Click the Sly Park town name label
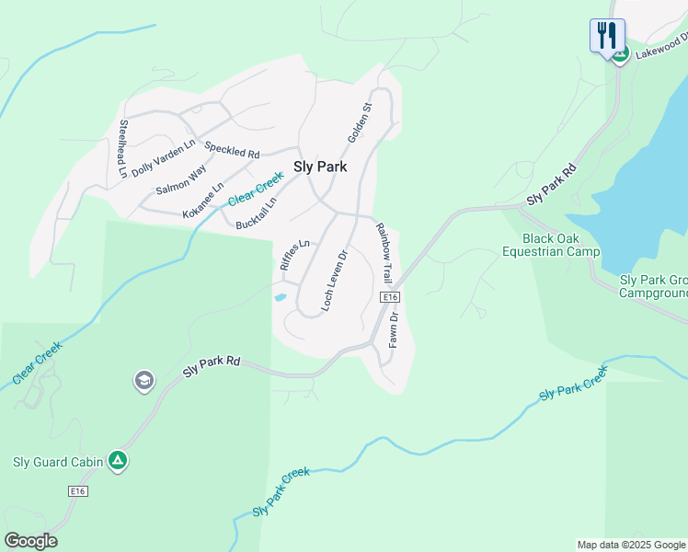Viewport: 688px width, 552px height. point(319,167)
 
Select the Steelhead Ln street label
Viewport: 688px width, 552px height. point(122,148)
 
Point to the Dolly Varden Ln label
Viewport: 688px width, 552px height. point(164,157)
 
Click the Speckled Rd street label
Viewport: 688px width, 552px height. point(232,148)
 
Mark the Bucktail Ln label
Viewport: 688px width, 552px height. point(256,214)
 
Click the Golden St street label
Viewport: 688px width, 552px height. point(359,122)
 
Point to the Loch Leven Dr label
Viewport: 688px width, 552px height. point(333,279)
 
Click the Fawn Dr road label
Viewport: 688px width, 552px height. point(393,328)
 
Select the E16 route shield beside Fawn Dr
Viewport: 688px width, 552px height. point(390,297)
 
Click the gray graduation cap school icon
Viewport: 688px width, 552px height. point(143,380)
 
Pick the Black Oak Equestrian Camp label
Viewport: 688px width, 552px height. point(550,245)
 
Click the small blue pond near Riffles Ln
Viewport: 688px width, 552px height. point(280,297)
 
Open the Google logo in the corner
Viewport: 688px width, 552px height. point(30,541)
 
